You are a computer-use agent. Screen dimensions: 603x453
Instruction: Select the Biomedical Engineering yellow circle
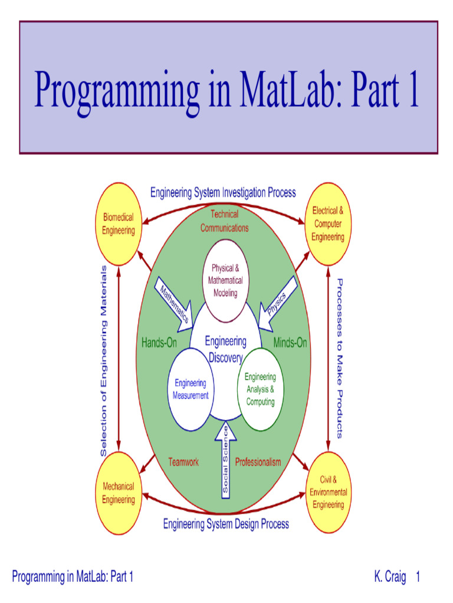point(119,224)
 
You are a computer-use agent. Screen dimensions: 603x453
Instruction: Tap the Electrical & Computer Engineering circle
point(328,223)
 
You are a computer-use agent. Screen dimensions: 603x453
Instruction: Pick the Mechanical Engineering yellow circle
point(119,493)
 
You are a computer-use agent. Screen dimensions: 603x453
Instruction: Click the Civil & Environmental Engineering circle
point(328,492)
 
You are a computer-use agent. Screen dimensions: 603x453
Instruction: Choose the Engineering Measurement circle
point(190,389)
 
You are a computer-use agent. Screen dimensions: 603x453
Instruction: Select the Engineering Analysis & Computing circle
point(260,389)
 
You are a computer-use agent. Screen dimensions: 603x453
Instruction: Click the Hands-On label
point(159,343)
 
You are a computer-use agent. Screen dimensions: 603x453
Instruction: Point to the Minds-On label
point(290,343)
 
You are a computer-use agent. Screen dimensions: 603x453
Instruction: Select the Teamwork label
point(183,462)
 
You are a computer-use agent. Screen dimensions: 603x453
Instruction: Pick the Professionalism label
point(258,462)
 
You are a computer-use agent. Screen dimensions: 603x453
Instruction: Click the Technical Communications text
point(224,221)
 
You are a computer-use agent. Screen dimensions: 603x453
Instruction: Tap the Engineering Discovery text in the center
point(225,349)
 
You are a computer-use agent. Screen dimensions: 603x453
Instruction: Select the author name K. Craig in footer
point(390,577)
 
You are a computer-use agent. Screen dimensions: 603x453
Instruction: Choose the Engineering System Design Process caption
point(226,524)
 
